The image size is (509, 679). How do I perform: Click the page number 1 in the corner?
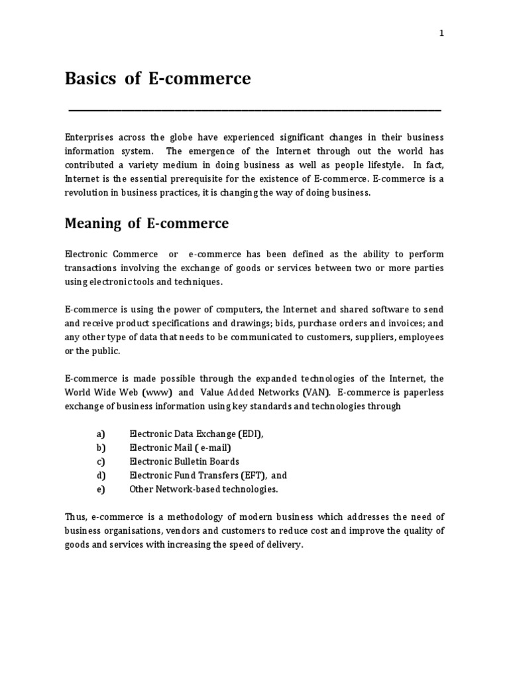(441, 35)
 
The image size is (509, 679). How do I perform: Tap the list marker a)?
(101, 434)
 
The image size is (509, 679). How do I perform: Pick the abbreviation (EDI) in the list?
(250, 434)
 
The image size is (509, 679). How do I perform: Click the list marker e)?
(101, 489)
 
